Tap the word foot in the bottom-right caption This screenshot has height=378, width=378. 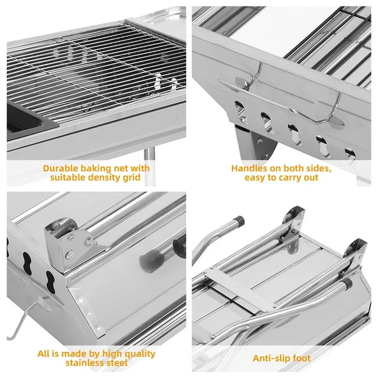(301, 359)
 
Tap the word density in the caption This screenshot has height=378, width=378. (103, 178)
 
